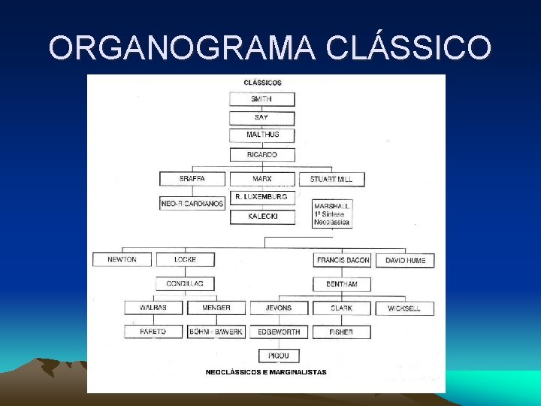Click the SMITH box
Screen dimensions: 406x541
pos(261,99)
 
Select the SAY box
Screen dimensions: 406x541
pos(261,118)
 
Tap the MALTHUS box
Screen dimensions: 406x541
pos(262,135)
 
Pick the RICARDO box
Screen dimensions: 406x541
pos(262,155)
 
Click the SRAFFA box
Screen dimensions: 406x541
pos(192,179)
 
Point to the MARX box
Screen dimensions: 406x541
pos(262,179)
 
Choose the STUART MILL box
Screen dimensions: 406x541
pos(331,180)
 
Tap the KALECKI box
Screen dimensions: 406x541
pos(261,217)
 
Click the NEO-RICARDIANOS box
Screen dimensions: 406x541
pos(192,203)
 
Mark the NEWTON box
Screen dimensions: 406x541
pos(122,260)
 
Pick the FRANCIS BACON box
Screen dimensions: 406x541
pos(343,260)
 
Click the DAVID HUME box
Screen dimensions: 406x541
pos(405,260)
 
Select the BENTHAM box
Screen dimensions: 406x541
pos(342,285)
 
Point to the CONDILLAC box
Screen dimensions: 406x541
pos(185,284)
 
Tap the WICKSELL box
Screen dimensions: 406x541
pos(404,308)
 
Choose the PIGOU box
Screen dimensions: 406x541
pos(279,356)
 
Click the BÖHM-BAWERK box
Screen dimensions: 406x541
pos(216,332)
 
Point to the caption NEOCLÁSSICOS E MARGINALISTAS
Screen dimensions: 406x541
pos(266,372)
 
